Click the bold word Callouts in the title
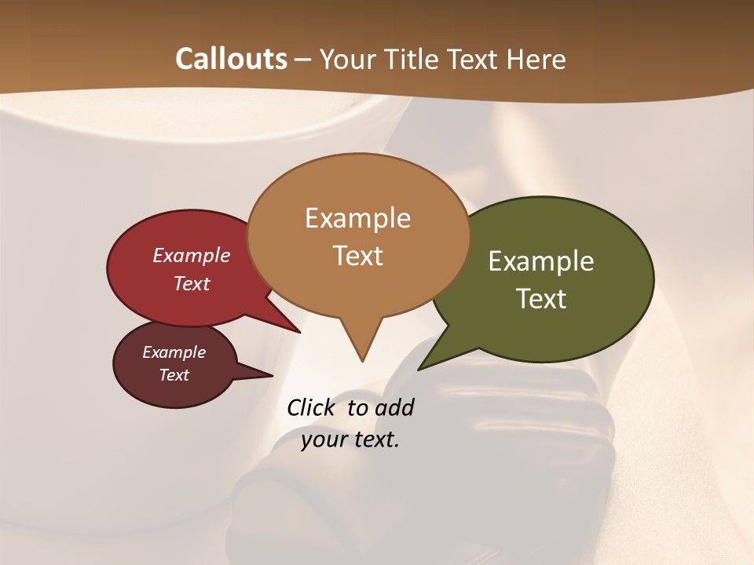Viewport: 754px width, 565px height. coord(231,59)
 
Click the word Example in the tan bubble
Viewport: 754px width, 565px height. coord(357,218)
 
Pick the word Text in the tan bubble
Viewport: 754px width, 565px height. coord(357,256)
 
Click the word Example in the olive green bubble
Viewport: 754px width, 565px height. coord(541,261)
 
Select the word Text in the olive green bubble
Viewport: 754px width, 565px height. coord(541,299)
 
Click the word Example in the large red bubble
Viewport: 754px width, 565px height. coord(191,255)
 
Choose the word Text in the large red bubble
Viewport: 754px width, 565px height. coord(191,283)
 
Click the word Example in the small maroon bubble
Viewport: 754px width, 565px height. coord(174,352)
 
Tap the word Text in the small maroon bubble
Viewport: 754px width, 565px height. coord(174,375)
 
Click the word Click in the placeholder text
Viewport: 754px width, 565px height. coord(312,407)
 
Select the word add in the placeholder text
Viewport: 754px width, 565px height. coord(394,407)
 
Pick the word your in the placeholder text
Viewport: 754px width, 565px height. coord(324,439)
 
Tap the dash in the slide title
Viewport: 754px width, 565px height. coord(304,60)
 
